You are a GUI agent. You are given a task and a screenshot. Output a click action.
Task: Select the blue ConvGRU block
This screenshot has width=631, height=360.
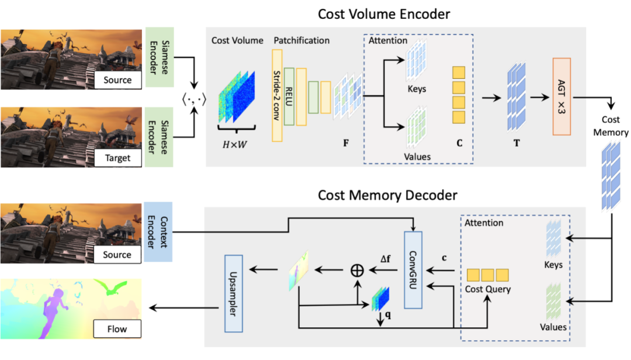click(412, 269)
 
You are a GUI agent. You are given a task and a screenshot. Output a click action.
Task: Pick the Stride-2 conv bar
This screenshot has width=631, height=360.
click(277, 95)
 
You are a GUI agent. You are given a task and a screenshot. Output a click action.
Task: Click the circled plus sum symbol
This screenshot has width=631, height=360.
click(356, 270)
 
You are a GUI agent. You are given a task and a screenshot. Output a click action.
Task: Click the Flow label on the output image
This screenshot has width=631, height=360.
click(117, 328)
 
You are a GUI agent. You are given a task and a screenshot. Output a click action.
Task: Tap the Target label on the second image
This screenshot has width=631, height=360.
click(117, 158)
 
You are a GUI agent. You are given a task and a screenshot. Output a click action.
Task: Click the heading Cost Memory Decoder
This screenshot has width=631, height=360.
click(387, 194)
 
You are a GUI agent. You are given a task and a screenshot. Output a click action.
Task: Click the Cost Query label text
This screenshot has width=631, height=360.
click(487, 289)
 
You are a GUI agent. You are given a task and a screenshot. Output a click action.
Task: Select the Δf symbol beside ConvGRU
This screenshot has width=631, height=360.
click(387, 258)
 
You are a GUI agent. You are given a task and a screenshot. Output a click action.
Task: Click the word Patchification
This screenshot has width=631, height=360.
click(301, 40)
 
